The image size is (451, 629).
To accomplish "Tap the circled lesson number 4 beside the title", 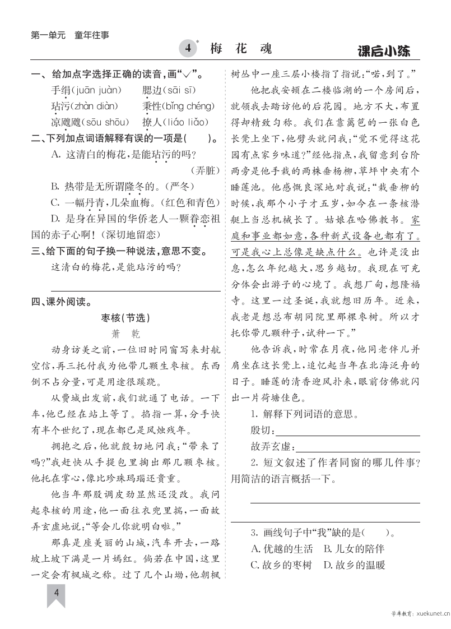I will tap(189, 49).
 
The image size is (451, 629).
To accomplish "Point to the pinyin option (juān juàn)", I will tap(95, 90).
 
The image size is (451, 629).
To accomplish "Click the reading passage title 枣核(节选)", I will tap(126, 318).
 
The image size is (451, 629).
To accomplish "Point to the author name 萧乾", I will tap(125, 334).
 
